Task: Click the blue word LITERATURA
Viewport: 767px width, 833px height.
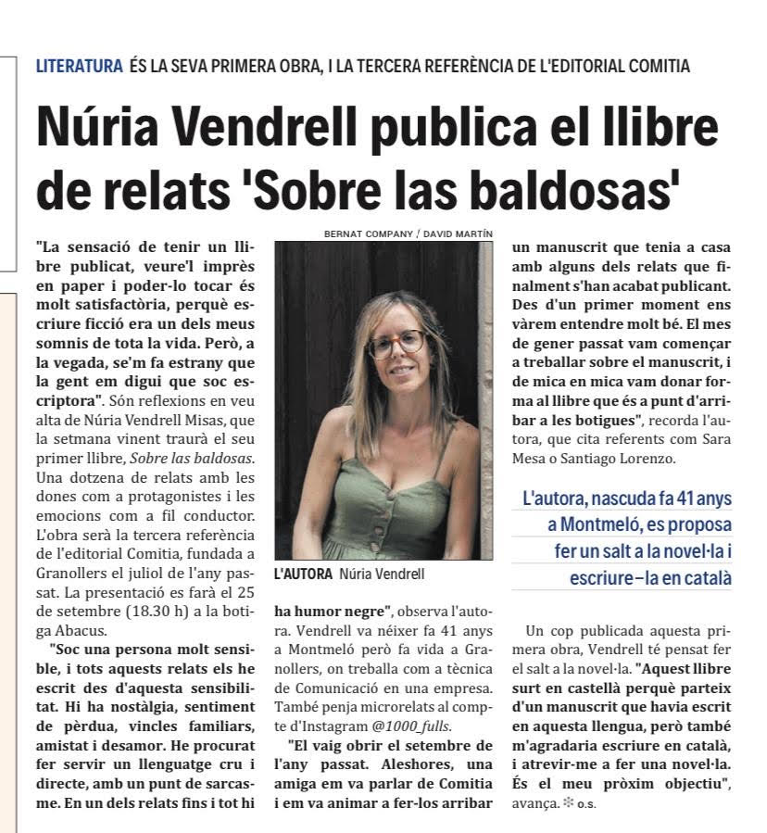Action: (79, 66)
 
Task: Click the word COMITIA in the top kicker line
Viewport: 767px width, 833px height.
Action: (655, 66)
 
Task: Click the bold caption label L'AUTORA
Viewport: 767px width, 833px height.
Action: (303, 574)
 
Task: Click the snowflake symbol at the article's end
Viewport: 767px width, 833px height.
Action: (568, 801)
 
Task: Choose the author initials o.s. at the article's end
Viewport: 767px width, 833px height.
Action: (586, 803)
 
